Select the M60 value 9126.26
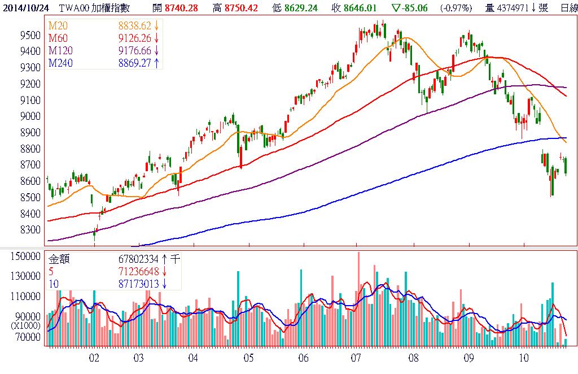(134, 38)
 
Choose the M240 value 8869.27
(134, 62)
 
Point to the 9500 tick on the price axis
(29, 35)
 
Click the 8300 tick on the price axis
(29, 230)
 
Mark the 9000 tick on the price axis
(29, 116)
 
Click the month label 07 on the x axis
(356, 358)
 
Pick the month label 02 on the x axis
(94, 358)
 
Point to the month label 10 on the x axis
(524, 358)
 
